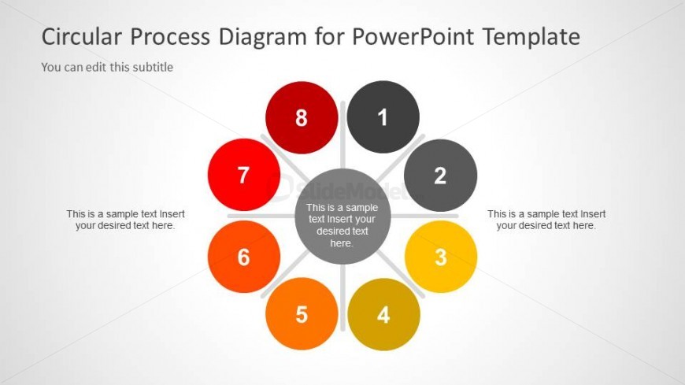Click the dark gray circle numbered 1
pos(383,117)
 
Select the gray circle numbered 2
pos(440,176)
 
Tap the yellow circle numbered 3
pos(441,257)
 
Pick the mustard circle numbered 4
pos(383,314)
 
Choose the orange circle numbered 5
pos(302,314)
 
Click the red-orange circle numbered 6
pos(244,257)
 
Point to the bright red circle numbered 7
pos(244,175)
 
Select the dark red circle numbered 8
pos(302,117)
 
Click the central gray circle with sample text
pos(342,217)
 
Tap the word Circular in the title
pos(82,36)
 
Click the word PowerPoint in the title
pos(413,36)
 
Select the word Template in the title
pos(531,37)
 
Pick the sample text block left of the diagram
pos(125,220)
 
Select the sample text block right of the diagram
pos(546,220)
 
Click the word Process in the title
pos(170,36)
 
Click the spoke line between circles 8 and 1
pos(343,135)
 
